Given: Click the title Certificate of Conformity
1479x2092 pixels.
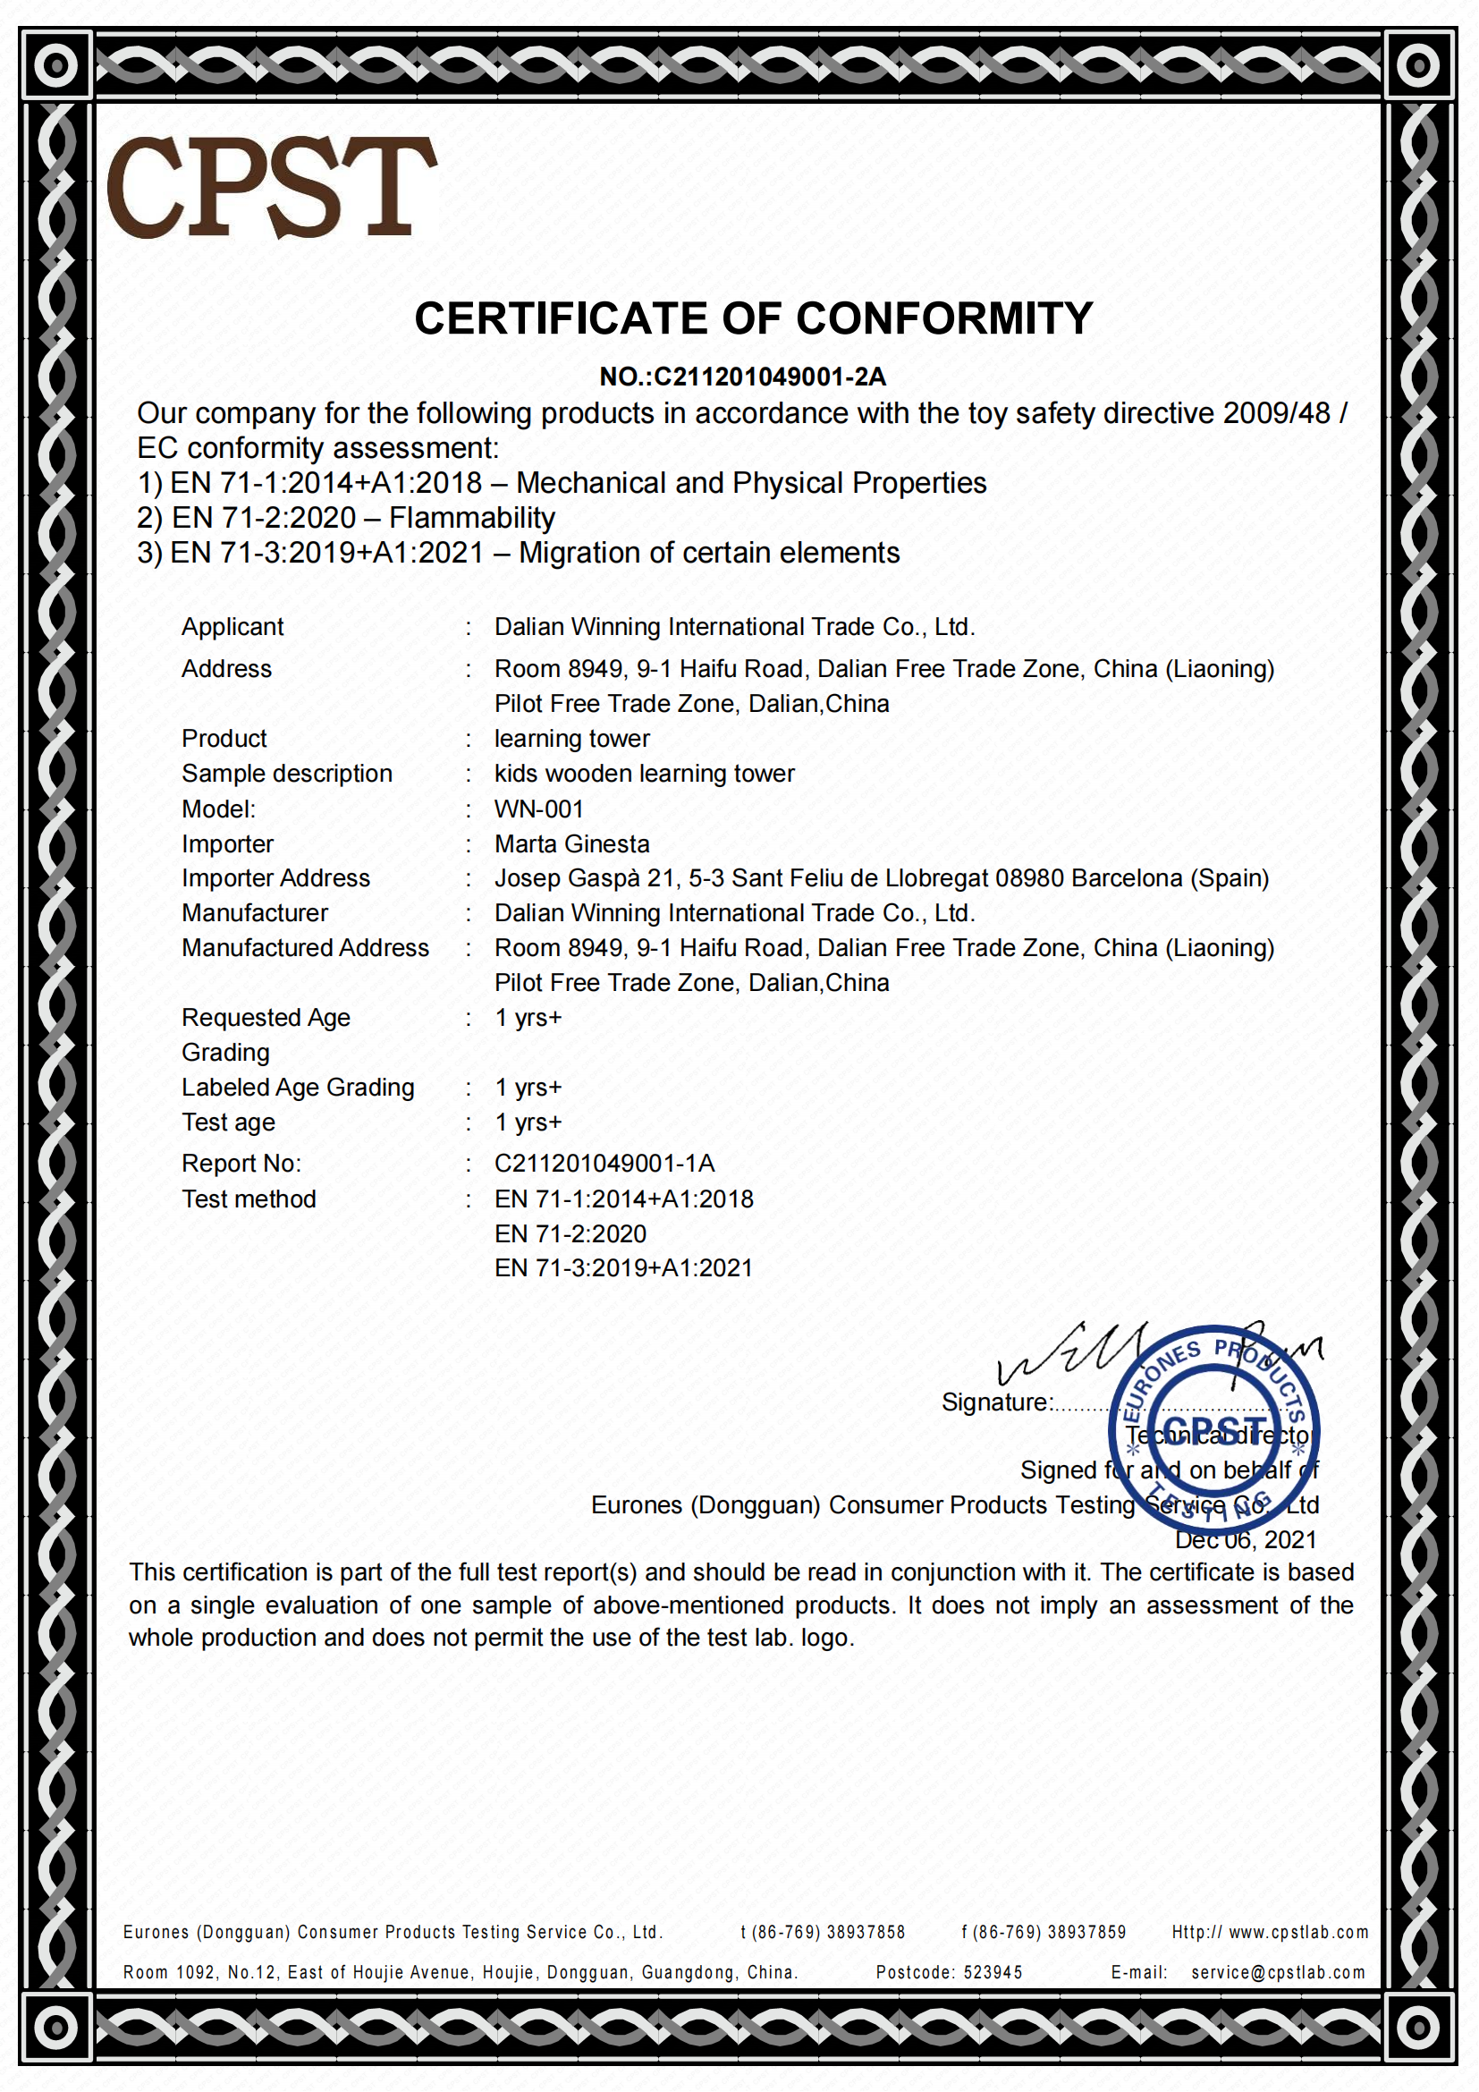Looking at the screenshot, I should (x=753, y=319).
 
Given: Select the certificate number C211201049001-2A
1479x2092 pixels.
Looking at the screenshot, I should (x=770, y=377).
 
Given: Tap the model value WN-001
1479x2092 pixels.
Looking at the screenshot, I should (x=538, y=809).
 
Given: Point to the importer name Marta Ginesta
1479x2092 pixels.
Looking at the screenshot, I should (x=572, y=843).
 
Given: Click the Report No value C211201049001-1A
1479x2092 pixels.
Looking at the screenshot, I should (x=604, y=1164).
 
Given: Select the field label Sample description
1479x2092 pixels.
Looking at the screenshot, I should (x=287, y=774).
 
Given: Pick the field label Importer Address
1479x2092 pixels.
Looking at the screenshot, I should (x=276, y=878).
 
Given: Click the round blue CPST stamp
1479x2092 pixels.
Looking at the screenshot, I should (x=1213, y=1429).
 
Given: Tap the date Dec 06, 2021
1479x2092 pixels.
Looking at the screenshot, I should (x=1246, y=1540).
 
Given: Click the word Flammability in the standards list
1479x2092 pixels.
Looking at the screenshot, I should (x=472, y=518).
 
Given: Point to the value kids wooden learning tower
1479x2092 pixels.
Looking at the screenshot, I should (x=644, y=774).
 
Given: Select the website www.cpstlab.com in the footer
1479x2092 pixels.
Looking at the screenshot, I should (x=1297, y=1933).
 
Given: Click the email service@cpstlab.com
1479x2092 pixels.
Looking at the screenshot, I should (x=1278, y=1973).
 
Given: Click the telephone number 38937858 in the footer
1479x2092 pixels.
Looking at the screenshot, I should (x=866, y=1933).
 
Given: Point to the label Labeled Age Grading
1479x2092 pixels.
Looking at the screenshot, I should (x=298, y=1087).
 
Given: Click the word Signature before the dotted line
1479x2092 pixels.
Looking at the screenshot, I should (x=996, y=1402).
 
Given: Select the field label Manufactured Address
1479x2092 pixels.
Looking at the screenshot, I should (x=305, y=947).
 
